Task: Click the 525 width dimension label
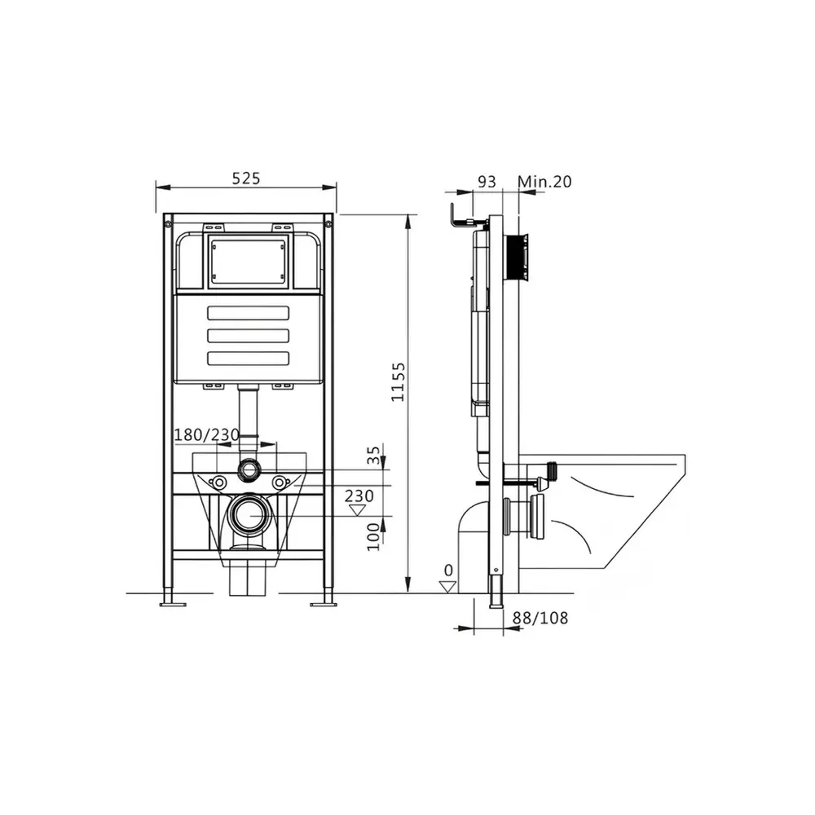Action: point(246,178)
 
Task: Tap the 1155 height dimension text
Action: point(398,382)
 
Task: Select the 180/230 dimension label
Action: point(206,434)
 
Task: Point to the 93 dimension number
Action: point(487,182)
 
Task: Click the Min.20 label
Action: point(544,182)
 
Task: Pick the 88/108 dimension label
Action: point(540,618)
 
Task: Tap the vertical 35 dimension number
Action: point(373,456)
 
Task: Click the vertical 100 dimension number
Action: point(373,537)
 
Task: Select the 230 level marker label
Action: point(359,496)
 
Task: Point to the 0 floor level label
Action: point(448,570)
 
